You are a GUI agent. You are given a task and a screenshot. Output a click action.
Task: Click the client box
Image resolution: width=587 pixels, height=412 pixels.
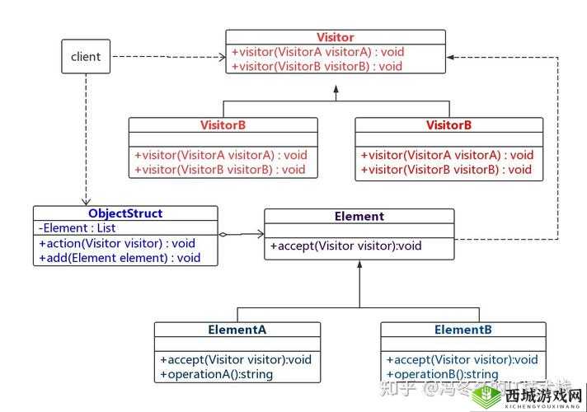[x=86, y=57]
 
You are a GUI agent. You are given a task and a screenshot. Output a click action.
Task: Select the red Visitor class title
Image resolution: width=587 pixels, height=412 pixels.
[x=336, y=37]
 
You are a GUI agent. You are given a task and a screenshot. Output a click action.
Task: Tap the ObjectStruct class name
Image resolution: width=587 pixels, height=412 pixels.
[x=125, y=213]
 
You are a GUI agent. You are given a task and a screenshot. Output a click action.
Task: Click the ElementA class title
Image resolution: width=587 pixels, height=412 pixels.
[x=237, y=330]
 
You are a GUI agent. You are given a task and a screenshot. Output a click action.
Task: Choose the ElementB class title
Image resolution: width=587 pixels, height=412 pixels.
[x=463, y=330]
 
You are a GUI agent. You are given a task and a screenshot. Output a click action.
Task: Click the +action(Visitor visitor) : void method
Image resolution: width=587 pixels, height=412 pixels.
[x=116, y=243]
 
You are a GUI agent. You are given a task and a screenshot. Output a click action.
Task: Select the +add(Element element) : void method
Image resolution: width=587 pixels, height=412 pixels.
[x=120, y=258]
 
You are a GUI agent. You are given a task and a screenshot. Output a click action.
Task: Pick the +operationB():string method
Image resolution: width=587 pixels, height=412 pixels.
[x=443, y=374]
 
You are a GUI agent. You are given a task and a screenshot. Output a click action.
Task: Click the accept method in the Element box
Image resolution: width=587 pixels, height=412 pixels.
[x=345, y=246]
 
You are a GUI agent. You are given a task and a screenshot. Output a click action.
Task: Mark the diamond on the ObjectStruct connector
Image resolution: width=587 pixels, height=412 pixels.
[x=223, y=235]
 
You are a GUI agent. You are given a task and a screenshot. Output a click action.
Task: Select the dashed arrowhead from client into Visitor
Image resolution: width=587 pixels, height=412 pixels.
[x=222, y=57]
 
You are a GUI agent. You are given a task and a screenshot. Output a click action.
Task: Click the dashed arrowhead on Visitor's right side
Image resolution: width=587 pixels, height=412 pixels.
[x=450, y=57]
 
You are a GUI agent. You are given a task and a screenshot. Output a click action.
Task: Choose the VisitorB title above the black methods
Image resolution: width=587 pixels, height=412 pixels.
[x=449, y=125]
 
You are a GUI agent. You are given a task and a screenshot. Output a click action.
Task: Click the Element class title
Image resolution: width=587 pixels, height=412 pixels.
[x=359, y=217]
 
